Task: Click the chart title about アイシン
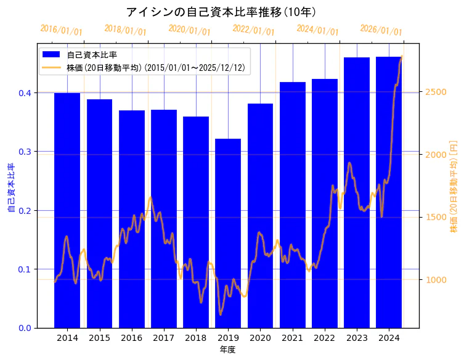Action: [221, 12]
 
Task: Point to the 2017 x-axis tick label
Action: [164, 338]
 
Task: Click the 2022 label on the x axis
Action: [325, 338]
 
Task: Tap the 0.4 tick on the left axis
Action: [25, 93]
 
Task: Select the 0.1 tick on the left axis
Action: [25, 269]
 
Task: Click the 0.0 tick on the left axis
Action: [25, 328]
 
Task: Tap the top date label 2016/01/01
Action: [61, 30]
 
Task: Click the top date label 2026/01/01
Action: [381, 30]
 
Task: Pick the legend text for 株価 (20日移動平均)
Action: [158, 68]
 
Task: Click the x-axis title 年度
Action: [227, 350]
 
